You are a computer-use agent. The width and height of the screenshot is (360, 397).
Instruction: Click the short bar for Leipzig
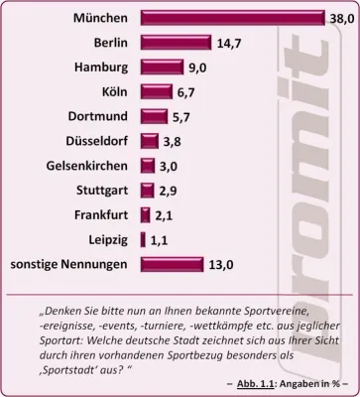(144, 239)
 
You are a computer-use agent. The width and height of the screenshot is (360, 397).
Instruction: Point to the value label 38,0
(339, 18)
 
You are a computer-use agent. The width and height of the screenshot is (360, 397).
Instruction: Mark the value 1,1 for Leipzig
(161, 239)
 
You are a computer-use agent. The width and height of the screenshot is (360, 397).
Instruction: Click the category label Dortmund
(98, 116)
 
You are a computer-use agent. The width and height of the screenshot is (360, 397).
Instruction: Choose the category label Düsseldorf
(95, 141)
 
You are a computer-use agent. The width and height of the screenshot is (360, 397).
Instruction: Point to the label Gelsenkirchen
(85, 166)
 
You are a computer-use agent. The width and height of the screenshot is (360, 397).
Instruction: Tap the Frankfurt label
(99, 214)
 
